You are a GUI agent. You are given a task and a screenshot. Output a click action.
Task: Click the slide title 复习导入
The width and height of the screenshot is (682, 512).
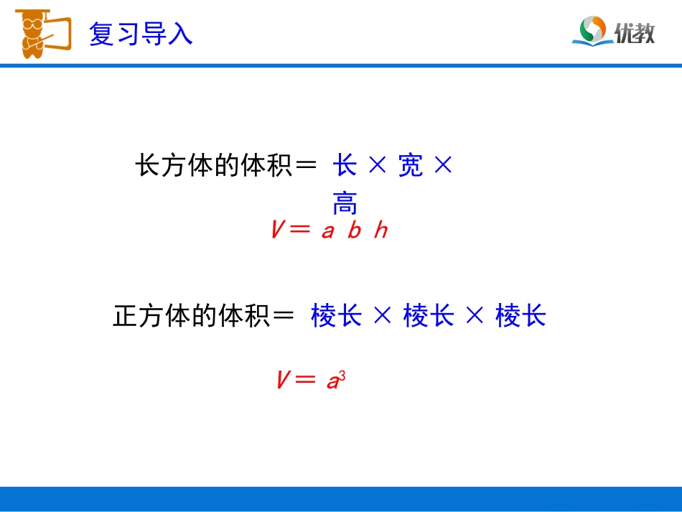[141, 34]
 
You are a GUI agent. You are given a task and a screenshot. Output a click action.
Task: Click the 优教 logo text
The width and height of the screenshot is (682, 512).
[635, 32]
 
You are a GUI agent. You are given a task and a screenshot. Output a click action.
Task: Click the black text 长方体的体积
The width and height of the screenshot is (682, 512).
[212, 167]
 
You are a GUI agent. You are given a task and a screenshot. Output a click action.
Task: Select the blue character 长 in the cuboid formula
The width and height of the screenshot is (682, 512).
[345, 167]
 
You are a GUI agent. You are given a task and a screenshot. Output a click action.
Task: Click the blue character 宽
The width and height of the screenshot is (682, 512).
[411, 167]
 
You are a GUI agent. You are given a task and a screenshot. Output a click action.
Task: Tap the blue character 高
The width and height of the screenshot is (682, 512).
[345, 205]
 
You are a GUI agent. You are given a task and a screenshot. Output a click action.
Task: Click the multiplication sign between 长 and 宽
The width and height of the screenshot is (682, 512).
[378, 167]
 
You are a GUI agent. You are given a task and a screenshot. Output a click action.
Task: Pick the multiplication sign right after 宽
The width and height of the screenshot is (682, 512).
[444, 167]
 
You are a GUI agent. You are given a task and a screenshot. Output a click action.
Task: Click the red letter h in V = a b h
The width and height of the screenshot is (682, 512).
[380, 231]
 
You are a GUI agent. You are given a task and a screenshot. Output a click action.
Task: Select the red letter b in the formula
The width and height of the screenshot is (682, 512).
[354, 231]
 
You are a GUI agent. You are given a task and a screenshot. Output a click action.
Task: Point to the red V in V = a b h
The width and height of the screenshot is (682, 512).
[279, 231]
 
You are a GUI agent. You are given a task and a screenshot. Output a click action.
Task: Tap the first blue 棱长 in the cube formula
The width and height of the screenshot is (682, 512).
[336, 316]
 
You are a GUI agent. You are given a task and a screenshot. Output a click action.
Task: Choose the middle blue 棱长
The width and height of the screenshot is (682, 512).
[429, 316]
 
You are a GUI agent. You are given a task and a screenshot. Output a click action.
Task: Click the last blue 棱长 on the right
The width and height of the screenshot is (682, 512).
[520, 316]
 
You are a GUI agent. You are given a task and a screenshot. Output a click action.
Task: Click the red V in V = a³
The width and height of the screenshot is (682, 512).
[283, 380]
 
